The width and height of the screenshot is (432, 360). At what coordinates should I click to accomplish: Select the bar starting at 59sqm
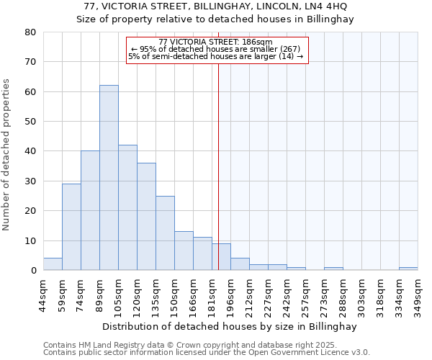point(71,227)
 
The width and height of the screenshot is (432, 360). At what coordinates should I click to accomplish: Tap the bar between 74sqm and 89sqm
point(90,210)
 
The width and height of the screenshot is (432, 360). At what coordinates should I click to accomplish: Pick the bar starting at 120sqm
point(146,216)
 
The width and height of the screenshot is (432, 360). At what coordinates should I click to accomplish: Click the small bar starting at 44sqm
point(53,264)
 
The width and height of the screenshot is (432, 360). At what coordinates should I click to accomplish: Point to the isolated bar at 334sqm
point(408,269)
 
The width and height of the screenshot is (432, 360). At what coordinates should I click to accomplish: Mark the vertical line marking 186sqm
point(218,166)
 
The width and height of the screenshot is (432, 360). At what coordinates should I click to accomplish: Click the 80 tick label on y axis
point(30,32)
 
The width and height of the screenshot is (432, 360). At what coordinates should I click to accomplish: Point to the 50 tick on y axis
point(30,122)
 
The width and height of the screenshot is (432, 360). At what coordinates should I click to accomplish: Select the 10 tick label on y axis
point(30,240)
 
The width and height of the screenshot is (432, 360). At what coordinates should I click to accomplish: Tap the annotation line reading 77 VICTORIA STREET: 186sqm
point(216,42)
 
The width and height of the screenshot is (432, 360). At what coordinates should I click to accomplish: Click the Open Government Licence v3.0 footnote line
point(207,353)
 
